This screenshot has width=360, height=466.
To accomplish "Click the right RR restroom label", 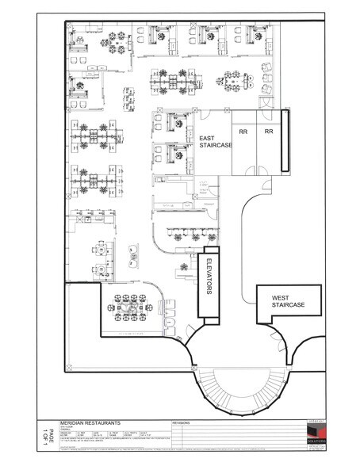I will pos(269,131).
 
